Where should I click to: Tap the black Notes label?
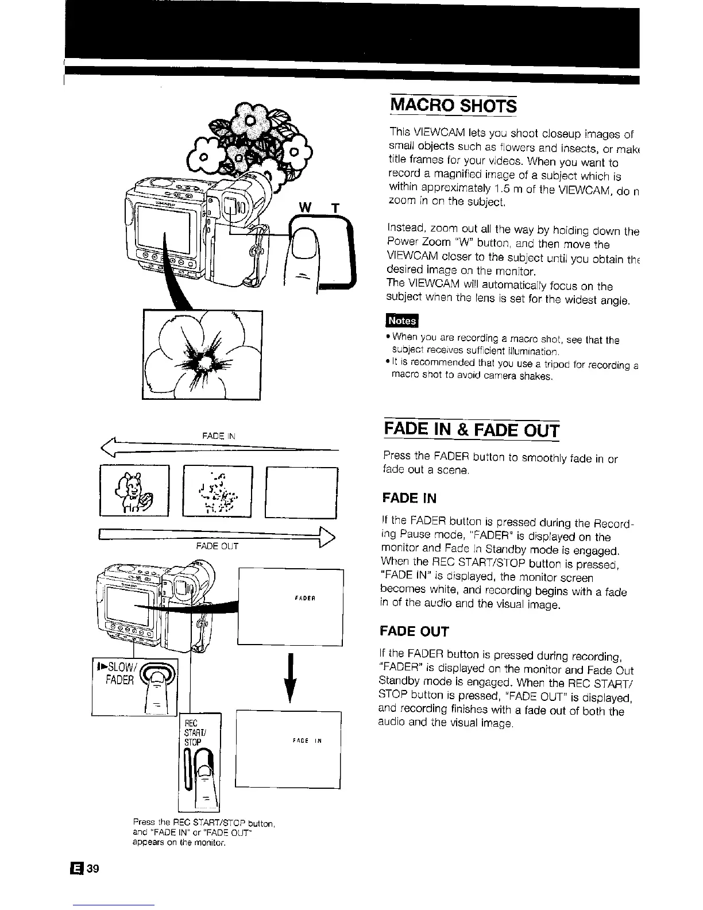[403, 319]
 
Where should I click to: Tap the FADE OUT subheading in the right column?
[414, 631]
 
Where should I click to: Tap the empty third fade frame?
[302, 492]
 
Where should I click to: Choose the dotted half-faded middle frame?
[217, 491]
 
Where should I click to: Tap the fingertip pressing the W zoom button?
[303, 241]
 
